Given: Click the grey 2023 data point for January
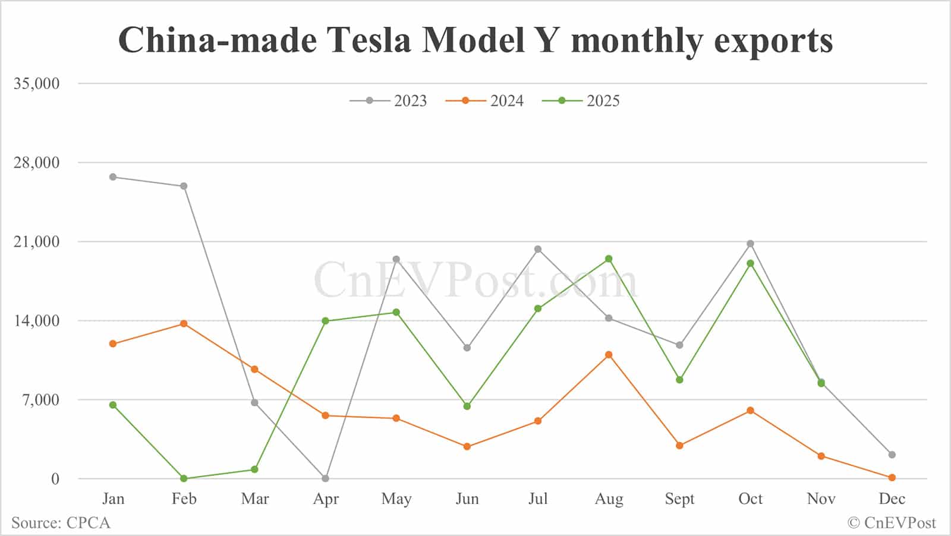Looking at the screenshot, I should (x=113, y=177).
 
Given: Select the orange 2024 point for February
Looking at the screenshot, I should (x=184, y=324).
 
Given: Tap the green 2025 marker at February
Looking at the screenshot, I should (x=184, y=478).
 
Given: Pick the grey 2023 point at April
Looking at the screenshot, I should (x=325, y=478).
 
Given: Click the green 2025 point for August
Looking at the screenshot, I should (x=609, y=259).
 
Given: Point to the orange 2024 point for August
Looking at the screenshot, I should (x=609, y=355).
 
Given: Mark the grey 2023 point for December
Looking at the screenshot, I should (x=892, y=455).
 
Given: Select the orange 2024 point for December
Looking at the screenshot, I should (x=892, y=478).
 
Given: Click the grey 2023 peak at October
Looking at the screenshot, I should (x=750, y=244).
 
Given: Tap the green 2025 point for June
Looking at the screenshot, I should (x=467, y=406).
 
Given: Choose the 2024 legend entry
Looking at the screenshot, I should (x=485, y=101).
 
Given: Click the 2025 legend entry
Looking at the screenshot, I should (x=581, y=101).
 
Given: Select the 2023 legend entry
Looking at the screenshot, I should (x=389, y=101).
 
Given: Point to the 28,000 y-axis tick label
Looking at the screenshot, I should (x=37, y=162).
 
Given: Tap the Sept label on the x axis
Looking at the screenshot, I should (x=679, y=499).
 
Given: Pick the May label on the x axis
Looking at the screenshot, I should (x=396, y=499).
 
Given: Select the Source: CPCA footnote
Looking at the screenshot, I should (x=61, y=523).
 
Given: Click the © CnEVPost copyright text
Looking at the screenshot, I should (x=891, y=523).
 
